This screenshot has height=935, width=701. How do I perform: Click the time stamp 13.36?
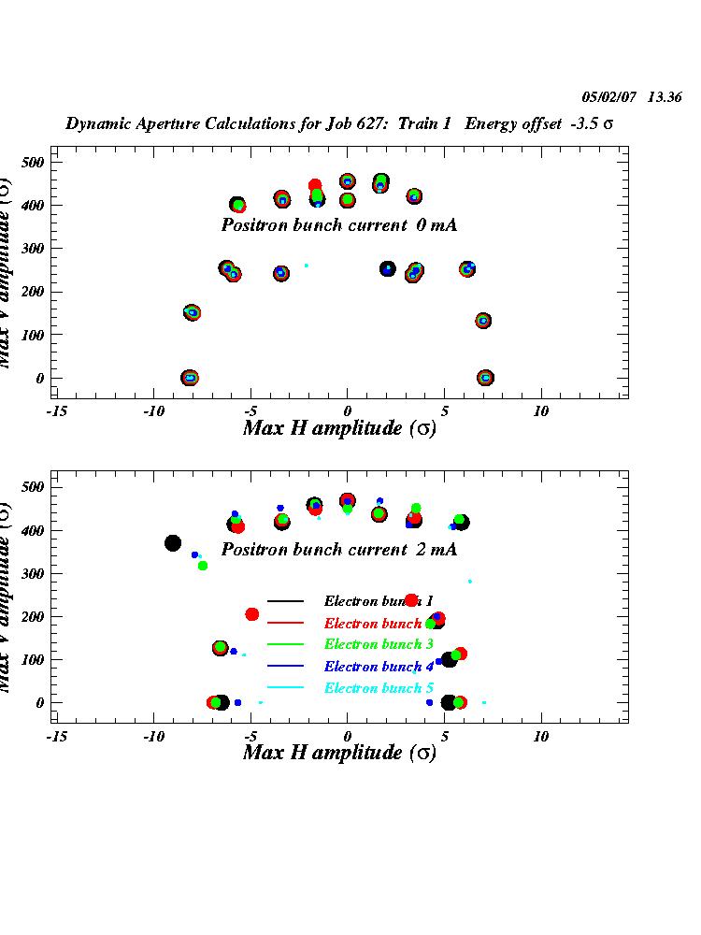point(665,96)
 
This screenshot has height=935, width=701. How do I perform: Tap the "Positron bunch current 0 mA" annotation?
point(338,225)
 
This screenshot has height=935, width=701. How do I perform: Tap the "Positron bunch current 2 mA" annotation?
point(338,550)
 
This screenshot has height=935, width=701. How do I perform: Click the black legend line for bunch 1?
point(285,601)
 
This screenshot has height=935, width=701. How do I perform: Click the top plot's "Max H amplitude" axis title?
point(338,428)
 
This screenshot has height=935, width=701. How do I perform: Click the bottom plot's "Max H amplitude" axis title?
point(338,753)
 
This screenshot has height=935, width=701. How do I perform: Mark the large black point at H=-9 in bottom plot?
point(173,543)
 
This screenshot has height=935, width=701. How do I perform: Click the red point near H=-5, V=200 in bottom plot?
point(251,614)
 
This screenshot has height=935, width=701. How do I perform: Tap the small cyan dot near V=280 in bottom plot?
point(470,581)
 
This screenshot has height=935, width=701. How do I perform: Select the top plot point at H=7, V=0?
point(485,378)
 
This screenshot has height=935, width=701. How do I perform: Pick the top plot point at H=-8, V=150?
point(192,312)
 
